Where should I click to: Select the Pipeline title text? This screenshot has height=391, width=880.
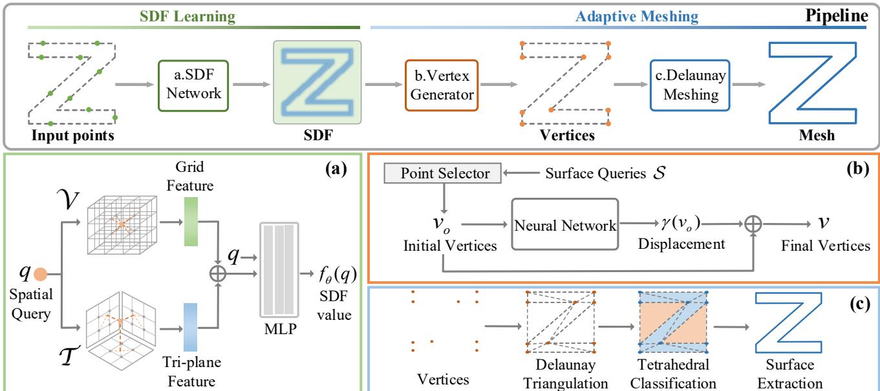coord(836,15)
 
